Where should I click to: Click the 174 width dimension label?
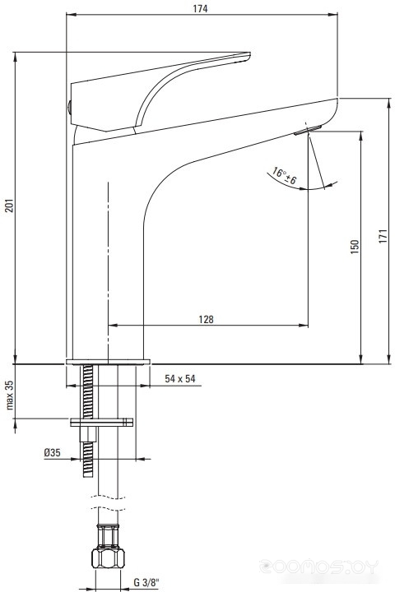point(200,8)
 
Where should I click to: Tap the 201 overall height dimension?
point(9,205)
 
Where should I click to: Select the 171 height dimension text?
point(383,236)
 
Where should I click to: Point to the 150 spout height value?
point(355,247)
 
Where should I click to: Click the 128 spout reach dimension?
point(206,319)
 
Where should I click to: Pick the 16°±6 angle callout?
point(284,176)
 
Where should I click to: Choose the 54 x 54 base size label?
point(180,378)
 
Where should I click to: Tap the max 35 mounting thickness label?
point(9,395)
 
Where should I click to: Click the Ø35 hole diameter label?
point(52,452)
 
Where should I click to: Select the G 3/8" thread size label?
point(146,583)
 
